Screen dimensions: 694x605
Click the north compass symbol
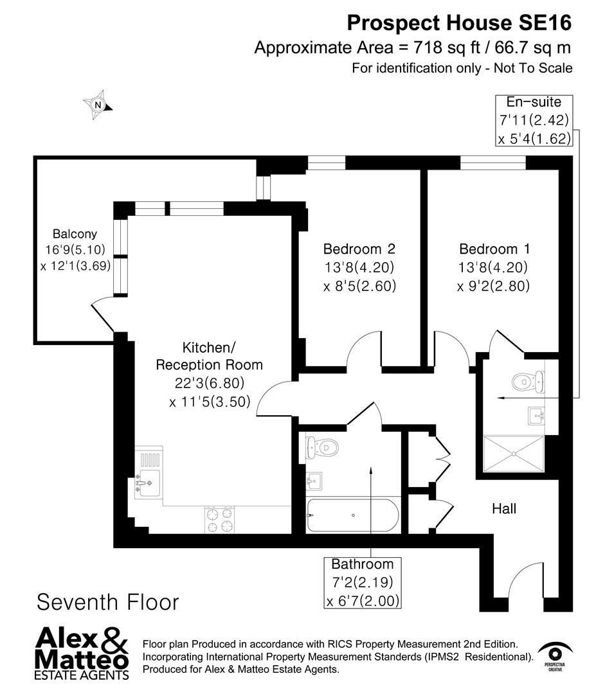point(98,104)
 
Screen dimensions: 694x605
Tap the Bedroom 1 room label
point(493,249)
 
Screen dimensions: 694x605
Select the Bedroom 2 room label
point(359,249)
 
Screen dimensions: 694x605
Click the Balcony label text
point(75,234)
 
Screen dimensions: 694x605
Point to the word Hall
point(504,509)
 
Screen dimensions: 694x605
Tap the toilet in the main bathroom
point(321,445)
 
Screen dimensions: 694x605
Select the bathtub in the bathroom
point(352,515)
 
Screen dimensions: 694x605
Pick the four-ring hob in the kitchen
point(219,519)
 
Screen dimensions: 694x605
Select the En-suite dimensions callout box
point(534,120)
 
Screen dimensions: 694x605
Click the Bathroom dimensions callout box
point(362,583)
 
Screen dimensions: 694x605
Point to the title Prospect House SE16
point(459,23)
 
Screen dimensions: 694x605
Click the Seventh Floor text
point(107,602)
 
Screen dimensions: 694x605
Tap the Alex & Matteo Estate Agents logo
point(82,653)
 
